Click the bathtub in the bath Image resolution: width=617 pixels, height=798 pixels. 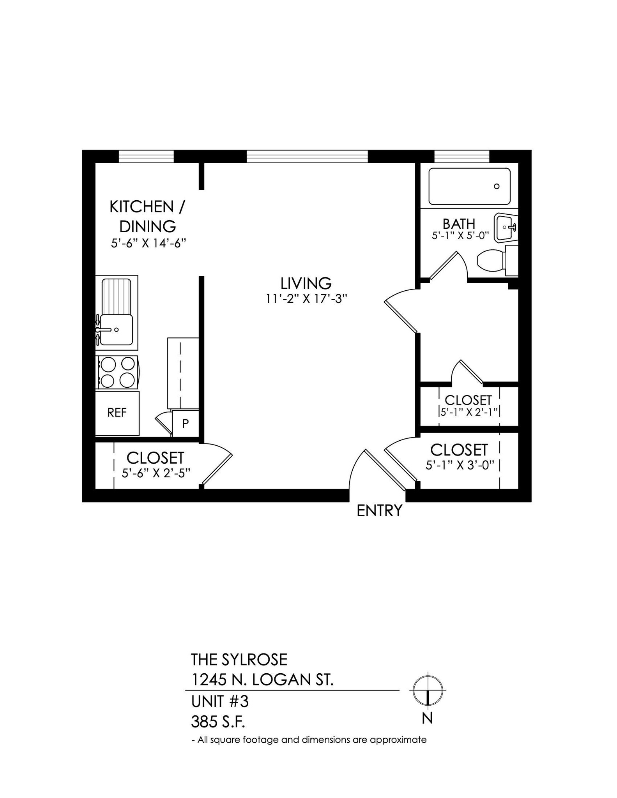(x=469, y=186)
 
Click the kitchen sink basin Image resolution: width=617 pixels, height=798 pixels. (x=117, y=330)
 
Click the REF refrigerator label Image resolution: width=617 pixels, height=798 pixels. (x=117, y=413)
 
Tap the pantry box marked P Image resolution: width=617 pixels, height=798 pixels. (x=186, y=423)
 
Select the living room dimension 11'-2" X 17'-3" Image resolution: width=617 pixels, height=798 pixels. (x=306, y=299)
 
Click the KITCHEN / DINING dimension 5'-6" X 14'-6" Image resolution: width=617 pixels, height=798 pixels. (x=148, y=243)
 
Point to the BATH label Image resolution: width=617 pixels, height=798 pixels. (x=459, y=224)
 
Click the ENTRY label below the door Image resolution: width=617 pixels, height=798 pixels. (x=379, y=510)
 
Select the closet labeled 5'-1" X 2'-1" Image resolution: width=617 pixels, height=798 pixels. (x=468, y=406)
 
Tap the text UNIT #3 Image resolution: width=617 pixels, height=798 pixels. (x=219, y=702)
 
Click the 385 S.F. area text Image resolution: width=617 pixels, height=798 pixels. (x=218, y=722)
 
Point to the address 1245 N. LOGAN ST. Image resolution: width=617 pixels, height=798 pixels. (x=262, y=680)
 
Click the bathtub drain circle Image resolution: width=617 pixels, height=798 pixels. (x=497, y=186)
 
